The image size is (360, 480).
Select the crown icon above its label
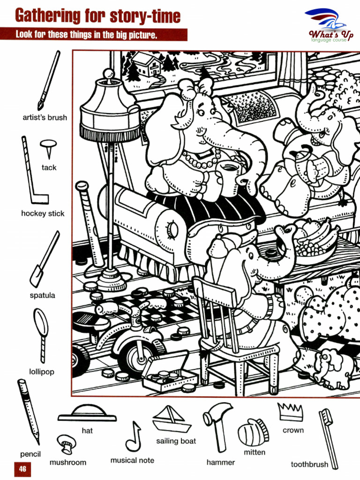291,412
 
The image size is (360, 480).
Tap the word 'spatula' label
42,295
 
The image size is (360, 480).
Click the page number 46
22,469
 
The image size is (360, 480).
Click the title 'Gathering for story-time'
97,16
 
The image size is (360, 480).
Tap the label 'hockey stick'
43,213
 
